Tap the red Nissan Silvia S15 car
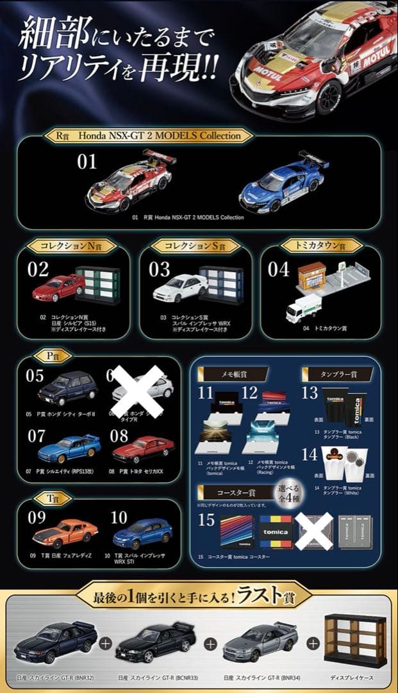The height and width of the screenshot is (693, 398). click(59, 288)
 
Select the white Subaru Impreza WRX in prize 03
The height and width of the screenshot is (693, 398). click(179, 288)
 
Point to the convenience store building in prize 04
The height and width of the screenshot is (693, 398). click(312, 275)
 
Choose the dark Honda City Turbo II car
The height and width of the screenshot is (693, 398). click(67, 389)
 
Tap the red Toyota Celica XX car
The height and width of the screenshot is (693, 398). click(143, 449)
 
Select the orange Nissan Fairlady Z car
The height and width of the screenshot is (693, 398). click(65, 532)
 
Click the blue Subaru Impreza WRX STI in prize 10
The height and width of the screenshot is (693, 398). click(142, 532)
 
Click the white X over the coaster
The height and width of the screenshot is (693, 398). click(314, 531)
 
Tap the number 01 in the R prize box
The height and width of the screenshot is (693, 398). click(87, 161)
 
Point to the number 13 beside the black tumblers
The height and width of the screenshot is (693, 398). click(310, 393)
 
